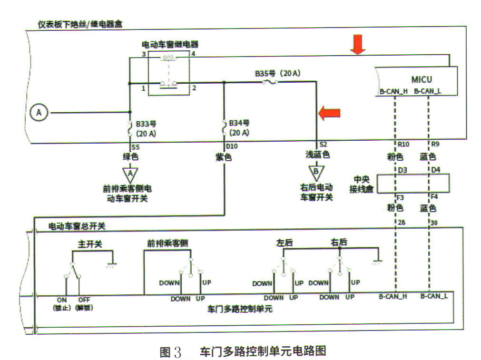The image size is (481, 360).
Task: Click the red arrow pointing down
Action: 357,44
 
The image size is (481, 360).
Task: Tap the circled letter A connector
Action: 39,113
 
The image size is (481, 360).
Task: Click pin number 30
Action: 434,222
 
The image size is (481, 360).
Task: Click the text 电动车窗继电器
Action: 170,44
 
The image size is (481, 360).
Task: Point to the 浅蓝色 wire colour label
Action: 317,156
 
